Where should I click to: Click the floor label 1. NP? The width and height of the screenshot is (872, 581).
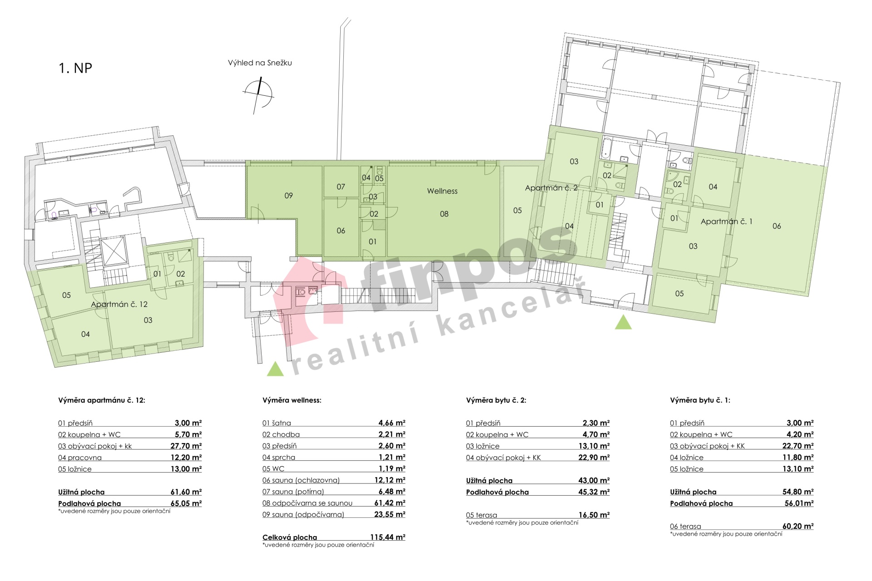point(75,68)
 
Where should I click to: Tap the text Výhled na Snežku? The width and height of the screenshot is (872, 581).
point(260,63)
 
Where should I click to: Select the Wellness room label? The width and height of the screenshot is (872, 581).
point(442,191)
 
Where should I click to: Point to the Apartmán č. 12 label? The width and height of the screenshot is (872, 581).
point(119,304)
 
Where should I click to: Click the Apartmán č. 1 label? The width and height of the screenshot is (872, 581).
point(726,222)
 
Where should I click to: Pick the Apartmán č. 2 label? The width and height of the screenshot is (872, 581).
point(551,188)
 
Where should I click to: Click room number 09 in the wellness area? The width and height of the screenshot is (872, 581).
point(288,196)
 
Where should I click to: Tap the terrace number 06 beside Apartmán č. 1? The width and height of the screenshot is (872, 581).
point(777,226)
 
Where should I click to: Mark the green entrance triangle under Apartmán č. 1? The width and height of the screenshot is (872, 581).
point(623,323)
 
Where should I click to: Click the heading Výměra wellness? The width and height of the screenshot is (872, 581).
point(292,400)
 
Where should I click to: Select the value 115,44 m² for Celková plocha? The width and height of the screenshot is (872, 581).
point(387,537)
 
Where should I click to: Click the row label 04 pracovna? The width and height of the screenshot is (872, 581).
point(80,458)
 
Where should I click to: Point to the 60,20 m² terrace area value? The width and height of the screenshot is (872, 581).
point(798,527)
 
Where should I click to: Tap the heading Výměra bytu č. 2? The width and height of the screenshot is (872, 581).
point(496,400)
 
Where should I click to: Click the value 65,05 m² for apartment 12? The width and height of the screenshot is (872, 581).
point(186,503)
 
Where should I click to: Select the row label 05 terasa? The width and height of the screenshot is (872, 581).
point(481,515)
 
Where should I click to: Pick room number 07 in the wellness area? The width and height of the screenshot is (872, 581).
point(341,187)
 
